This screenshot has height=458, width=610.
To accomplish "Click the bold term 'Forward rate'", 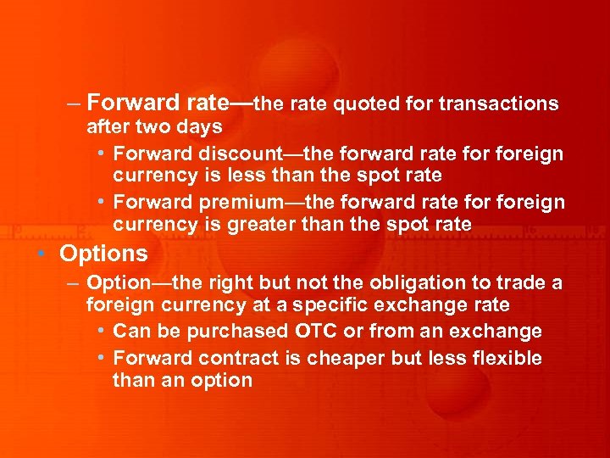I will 157,103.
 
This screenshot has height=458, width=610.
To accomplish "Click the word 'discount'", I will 239,154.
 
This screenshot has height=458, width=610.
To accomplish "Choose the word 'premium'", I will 241,203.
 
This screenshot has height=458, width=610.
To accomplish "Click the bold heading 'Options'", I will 103,254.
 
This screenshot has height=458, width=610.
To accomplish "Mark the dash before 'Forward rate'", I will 74,104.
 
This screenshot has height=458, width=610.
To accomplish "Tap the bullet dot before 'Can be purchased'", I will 101,331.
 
